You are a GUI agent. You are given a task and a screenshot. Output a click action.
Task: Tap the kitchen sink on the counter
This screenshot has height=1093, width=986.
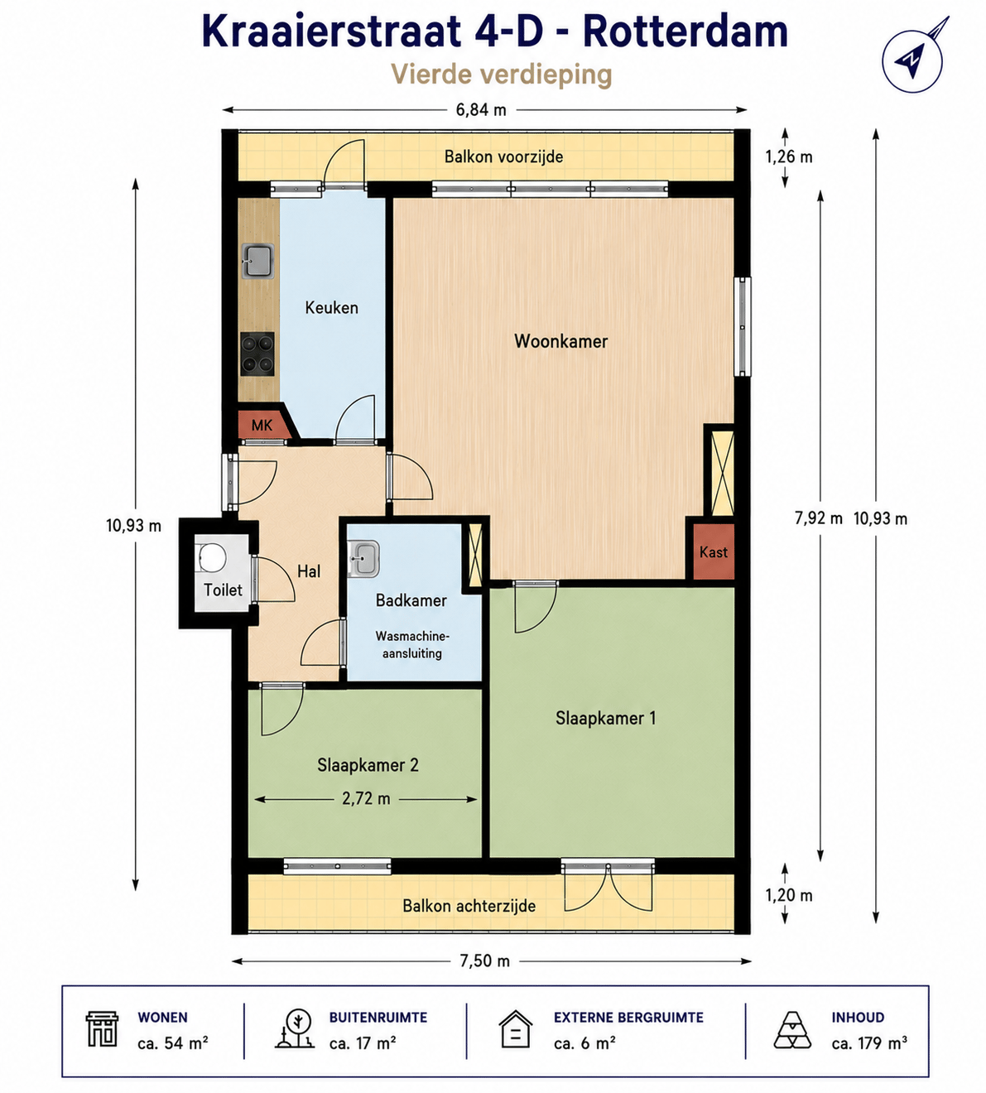click(257, 261)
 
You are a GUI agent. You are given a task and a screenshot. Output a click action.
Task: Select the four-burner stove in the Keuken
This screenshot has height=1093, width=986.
click(257, 354)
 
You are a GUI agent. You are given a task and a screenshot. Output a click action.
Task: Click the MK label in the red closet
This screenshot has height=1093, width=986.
click(262, 425)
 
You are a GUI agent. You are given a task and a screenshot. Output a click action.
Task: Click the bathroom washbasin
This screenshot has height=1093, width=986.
click(363, 558)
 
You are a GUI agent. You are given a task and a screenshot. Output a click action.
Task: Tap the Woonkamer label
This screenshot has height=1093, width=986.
click(561, 342)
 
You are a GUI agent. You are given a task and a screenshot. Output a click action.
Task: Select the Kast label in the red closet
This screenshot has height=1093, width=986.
click(714, 552)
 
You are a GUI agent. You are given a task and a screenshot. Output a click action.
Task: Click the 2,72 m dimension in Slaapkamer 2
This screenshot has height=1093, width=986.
click(366, 799)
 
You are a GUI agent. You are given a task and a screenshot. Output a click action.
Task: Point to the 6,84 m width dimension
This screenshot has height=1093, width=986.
click(481, 110)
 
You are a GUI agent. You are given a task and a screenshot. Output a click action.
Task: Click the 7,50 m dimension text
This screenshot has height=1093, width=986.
click(485, 961)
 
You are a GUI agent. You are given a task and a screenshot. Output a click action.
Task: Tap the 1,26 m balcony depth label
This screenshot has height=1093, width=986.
click(789, 157)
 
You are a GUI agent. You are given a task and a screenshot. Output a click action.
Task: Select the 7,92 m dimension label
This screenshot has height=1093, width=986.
click(819, 518)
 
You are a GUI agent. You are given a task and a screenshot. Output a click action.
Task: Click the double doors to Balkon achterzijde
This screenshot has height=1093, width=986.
click(608, 887)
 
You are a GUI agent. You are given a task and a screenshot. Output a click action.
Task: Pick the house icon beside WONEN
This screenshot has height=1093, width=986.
click(102, 1030)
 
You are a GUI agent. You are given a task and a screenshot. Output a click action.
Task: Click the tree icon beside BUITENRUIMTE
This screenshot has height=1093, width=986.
click(294, 1029)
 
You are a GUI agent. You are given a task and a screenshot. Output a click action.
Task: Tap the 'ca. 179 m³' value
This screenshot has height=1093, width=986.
click(869, 1042)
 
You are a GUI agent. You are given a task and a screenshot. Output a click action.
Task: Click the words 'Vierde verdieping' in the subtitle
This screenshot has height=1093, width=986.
click(502, 75)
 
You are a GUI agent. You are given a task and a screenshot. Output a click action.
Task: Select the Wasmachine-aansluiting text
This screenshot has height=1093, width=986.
click(412, 644)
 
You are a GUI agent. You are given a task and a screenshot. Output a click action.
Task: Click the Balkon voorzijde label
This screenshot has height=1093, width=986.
click(504, 157)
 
